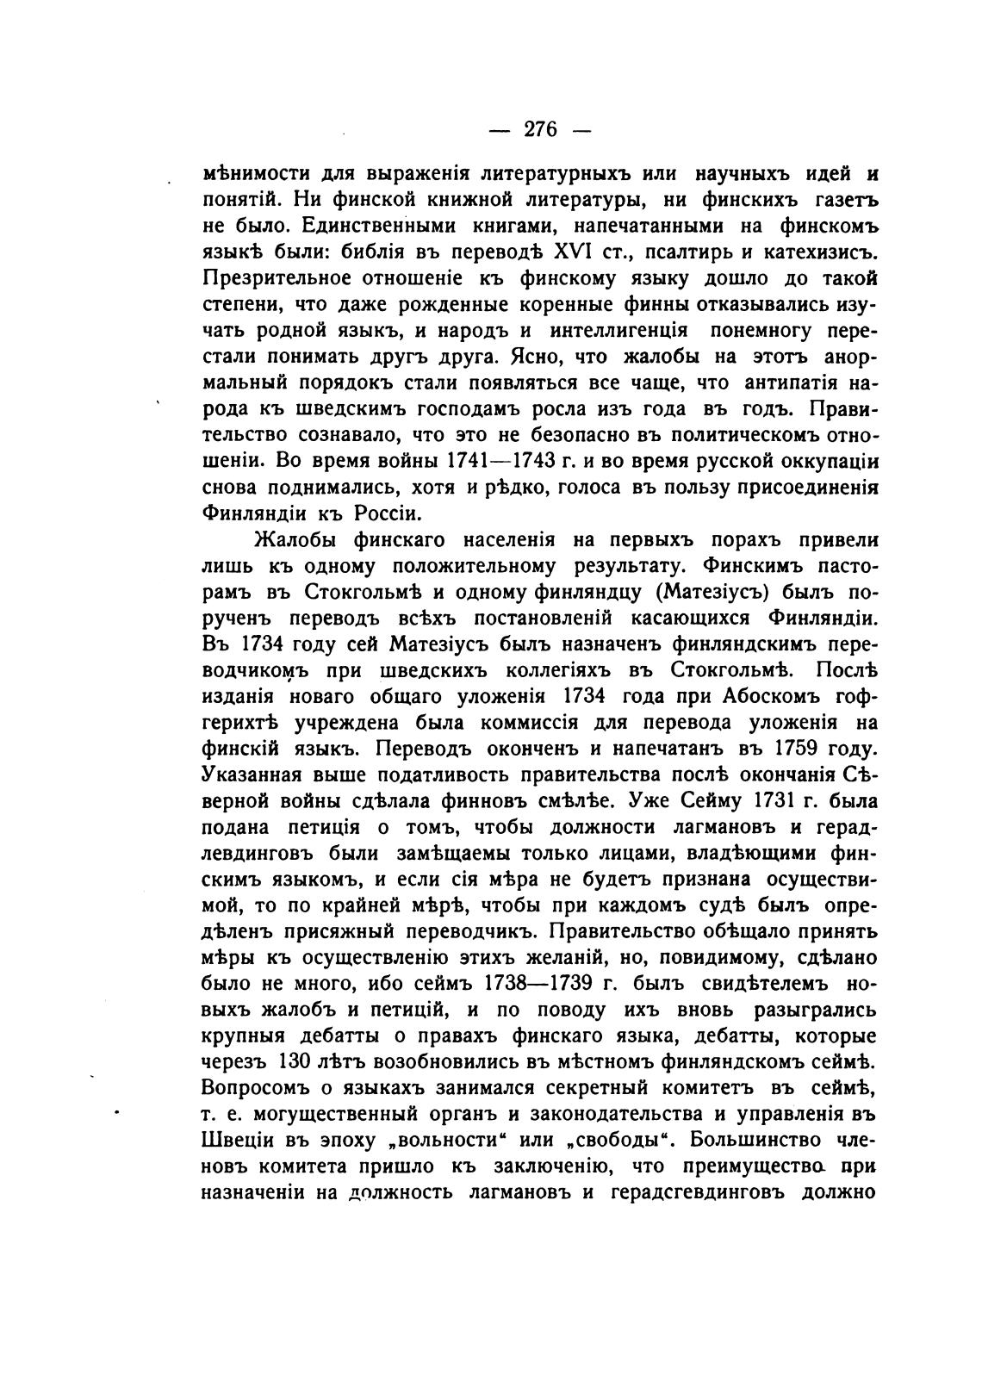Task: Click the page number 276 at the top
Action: (x=541, y=129)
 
